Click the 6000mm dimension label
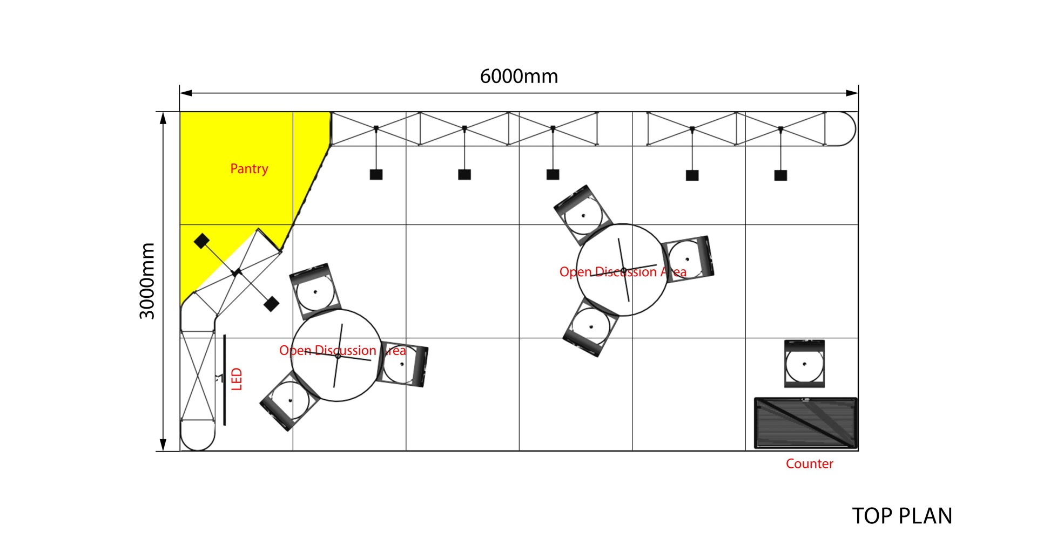[518, 77]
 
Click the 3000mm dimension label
[147, 281]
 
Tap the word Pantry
[249, 169]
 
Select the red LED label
[237, 379]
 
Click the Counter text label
[809, 463]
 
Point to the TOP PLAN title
[902, 516]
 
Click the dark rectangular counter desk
[806, 424]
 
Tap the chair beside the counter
[804, 363]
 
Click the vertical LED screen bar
[225, 380]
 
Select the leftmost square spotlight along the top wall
[376, 174]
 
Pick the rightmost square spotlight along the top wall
[780, 175]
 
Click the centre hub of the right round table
[623, 270]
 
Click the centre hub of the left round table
[338, 356]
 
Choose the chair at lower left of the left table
[289, 400]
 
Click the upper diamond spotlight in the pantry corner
[201, 241]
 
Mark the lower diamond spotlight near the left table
[271, 304]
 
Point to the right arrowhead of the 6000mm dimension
[852, 93]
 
